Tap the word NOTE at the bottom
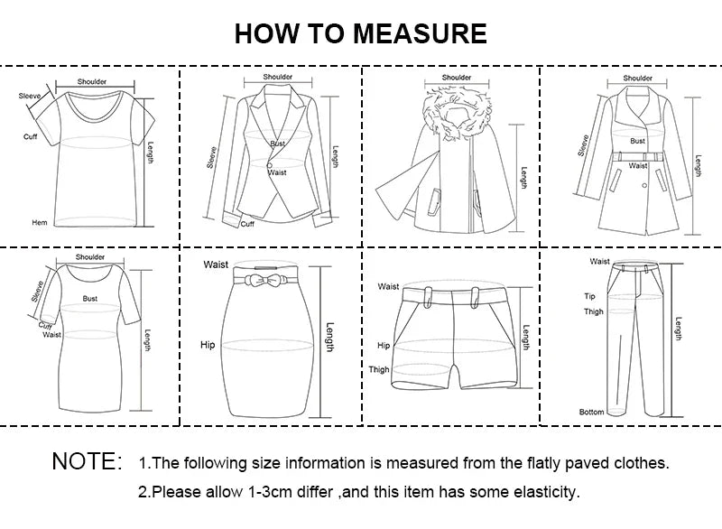pos(87,462)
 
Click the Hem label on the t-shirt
pos(39,222)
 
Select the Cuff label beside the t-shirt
pos(31,136)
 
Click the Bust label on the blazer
pos(277,144)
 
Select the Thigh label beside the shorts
pos(379,369)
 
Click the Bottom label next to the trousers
pos(591,413)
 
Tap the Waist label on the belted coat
pos(638,166)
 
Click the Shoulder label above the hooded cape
pos(458,78)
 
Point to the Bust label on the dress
pos(90,297)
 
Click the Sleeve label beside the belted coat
pos(583,144)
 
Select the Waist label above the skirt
pos(216,264)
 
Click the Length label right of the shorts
pos(525,340)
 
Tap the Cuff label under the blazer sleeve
pos(247,224)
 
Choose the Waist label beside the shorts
pos(388,286)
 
